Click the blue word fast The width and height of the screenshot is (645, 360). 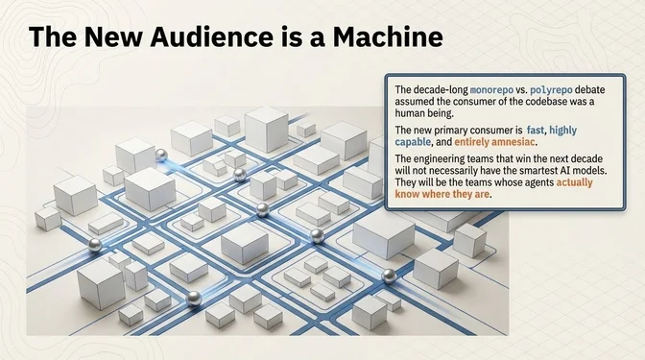536,130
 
